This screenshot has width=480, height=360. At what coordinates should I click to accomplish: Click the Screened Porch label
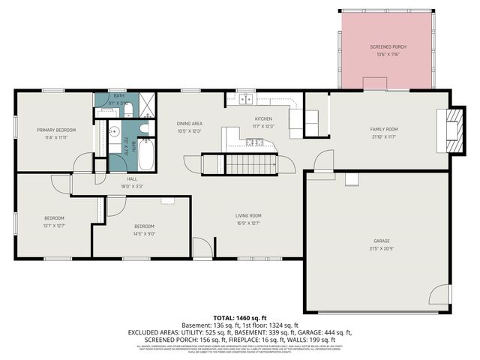tap(387, 47)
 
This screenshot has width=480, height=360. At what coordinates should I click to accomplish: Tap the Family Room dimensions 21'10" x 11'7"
tap(383, 136)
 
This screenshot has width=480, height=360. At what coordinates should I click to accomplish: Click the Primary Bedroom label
tap(52, 130)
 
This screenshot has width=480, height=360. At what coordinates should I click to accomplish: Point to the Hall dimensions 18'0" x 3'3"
tap(131, 186)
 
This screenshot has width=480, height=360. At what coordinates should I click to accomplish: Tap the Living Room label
tap(247, 215)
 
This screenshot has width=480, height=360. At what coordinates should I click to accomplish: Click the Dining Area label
tap(189, 124)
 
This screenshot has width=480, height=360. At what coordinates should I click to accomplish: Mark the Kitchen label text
tap(262, 118)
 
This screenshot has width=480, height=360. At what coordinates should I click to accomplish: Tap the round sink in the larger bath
tap(115, 130)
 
